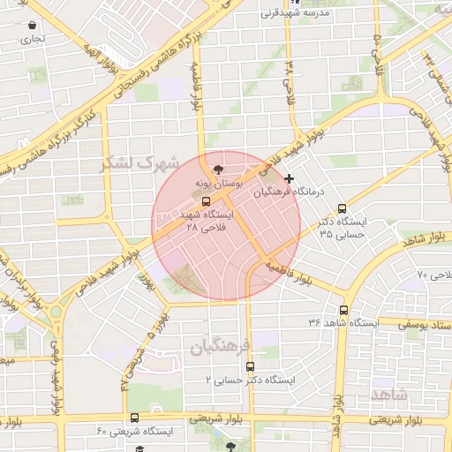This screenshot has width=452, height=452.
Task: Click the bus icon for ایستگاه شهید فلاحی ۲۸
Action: pos(207,201)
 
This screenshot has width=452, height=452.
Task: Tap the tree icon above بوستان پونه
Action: pos(218,167)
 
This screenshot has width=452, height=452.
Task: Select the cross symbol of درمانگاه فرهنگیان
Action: pos(290,179)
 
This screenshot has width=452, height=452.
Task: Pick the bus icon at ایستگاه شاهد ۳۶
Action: pos(343,310)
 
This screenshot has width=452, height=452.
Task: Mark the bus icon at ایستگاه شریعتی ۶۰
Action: pos(134,418)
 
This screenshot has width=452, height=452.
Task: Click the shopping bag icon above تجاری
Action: pos(33,25)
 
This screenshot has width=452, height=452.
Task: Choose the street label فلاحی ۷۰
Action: pos(433,276)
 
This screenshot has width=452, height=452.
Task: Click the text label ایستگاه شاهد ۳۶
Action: pos(343,323)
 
